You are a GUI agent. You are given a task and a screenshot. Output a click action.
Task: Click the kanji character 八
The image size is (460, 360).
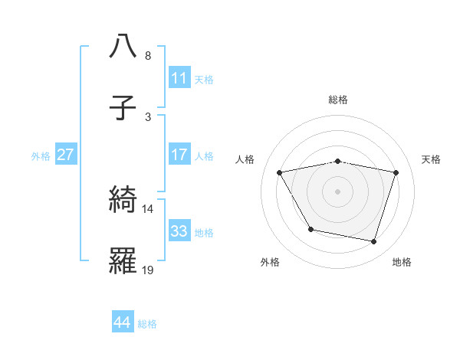click(123, 45)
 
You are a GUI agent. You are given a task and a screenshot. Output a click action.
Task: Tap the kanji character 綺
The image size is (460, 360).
click(123, 199)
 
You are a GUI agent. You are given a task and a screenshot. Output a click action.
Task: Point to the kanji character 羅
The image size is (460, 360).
click(123, 260)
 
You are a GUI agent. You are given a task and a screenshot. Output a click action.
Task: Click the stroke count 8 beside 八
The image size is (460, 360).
click(147, 56)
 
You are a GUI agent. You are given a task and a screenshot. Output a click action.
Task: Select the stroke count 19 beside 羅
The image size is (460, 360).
click(148, 270)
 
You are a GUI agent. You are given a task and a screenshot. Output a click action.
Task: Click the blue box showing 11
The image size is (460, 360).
click(179, 77)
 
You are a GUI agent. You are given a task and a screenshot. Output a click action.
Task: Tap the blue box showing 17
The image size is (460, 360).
click(179, 154)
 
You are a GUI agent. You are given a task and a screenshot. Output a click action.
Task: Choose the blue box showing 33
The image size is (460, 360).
click(179, 231)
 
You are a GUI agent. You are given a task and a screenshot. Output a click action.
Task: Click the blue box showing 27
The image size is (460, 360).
click(66, 154)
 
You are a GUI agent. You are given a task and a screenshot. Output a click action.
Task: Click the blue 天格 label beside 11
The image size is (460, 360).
click(204, 79)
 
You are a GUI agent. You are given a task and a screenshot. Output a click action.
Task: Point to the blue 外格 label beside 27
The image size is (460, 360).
click(41, 155)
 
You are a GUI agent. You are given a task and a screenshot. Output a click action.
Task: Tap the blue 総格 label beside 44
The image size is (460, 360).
click(147, 323)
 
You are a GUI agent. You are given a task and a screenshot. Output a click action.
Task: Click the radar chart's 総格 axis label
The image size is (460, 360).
click(338, 100)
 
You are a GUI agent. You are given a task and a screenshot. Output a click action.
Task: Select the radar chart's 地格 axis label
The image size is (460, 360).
click(402, 262)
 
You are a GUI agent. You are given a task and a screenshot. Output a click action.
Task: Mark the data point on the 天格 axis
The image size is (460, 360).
click(396, 172)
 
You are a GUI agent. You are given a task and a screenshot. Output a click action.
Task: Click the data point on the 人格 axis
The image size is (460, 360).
click(280, 172)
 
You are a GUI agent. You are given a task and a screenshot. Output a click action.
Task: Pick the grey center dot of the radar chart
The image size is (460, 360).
click(338, 191)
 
